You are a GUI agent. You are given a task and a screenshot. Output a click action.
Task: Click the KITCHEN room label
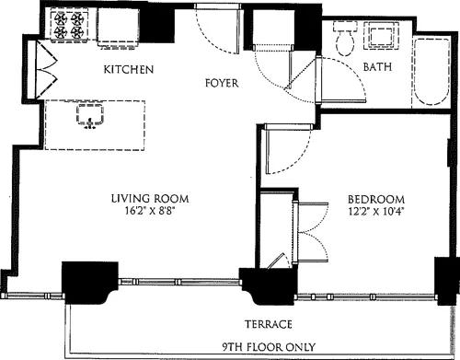[128, 71]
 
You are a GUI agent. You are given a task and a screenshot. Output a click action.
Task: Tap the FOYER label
[222, 84]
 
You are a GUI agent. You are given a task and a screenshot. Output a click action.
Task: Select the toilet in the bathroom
[347, 40]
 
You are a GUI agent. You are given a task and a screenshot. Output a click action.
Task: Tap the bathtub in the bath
[432, 74]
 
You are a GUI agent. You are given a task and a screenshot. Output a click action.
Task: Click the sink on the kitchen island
[90, 116]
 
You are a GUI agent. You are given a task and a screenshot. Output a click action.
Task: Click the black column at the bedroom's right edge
[445, 275]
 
